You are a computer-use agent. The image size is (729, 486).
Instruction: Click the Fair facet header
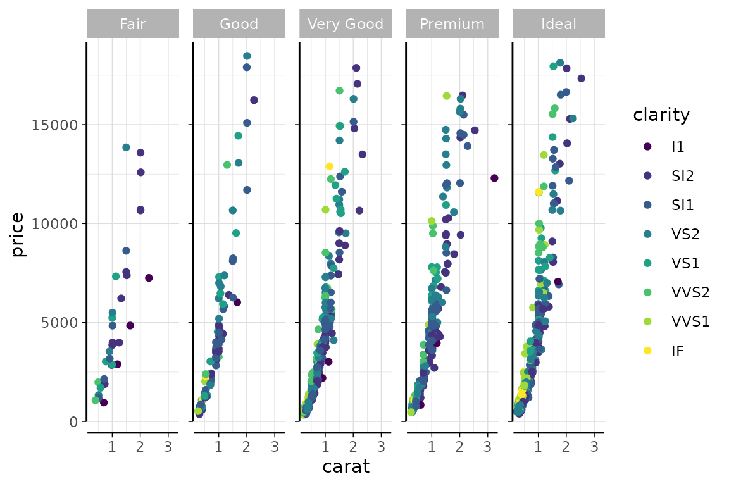tap(133, 25)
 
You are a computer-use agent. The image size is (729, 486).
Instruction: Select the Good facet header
tap(239, 25)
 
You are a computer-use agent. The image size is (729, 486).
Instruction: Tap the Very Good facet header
tap(346, 25)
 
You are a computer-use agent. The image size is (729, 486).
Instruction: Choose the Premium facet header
tap(452, 25)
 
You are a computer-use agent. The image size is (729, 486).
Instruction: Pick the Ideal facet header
tap(559, 25)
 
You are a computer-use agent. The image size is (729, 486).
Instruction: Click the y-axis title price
tap(18, 235)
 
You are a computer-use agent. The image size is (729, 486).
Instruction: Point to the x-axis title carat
tap(346, 468)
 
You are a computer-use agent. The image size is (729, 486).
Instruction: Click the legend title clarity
tap(661, 115)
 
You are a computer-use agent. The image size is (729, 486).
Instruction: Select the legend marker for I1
tap(647, 146)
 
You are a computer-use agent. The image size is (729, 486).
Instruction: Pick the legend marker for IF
tap(647, 350)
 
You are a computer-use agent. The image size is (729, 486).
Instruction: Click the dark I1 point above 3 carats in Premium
tap(494, 178)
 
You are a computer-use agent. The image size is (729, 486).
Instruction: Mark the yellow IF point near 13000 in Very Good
tap(329, 166)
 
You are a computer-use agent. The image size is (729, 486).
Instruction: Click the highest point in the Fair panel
tap(126, 147)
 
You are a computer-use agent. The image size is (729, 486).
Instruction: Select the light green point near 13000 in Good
tap(227, 165)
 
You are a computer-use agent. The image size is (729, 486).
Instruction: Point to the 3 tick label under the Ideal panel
tap(594, 447)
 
